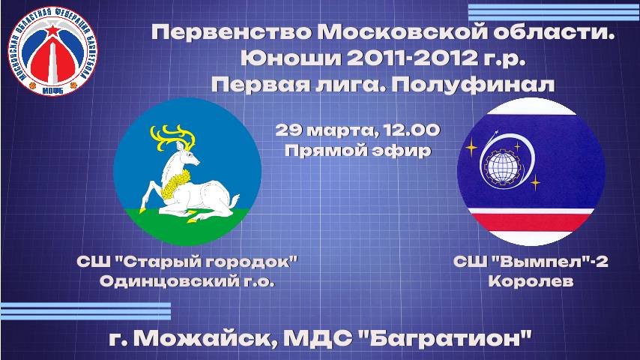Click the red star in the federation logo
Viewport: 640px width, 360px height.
click(52, 31)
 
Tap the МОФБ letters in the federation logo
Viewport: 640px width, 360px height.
click(52, 91)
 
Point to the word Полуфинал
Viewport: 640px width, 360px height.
click(473, 85)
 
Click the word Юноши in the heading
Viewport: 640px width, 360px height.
click(291, 58)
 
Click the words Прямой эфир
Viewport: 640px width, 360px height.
click(358, 150)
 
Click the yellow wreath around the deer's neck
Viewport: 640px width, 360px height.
click(176, 184)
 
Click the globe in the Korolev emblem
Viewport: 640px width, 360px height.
click(502, 166)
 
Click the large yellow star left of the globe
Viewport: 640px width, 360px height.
click(471, 148)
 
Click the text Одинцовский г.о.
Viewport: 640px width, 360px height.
click(187, 281)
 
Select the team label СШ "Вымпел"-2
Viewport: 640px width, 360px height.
click(531, 262)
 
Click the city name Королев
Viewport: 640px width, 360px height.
click(531, 281)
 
